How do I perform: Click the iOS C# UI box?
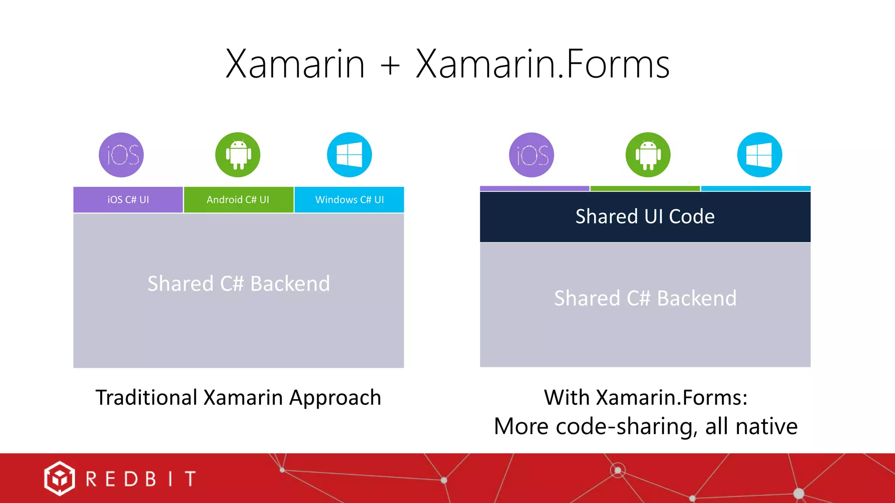coord(128,200)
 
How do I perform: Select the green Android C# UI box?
coord(238,200)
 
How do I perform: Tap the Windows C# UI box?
coord(349,200)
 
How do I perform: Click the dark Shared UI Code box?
coord(645,217)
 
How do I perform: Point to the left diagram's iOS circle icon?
coord(121,155)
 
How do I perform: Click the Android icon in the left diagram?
coord(238,155)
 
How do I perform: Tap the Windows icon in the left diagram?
coord(349,155)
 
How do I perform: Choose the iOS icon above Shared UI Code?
coord(531,155)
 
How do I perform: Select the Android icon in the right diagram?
coord(648,155)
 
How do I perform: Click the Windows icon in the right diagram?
coord(760,155)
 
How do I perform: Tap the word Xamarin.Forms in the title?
coord(542,64)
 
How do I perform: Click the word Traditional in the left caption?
coord(147,398)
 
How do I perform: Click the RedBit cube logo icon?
coord(59,479)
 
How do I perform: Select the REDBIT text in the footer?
coord(141,479)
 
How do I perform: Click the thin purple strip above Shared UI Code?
coord(534,189)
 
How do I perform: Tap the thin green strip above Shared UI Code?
coord(645,189)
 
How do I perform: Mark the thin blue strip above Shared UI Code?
coord(756,189)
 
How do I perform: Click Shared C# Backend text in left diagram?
coord(239,284)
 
